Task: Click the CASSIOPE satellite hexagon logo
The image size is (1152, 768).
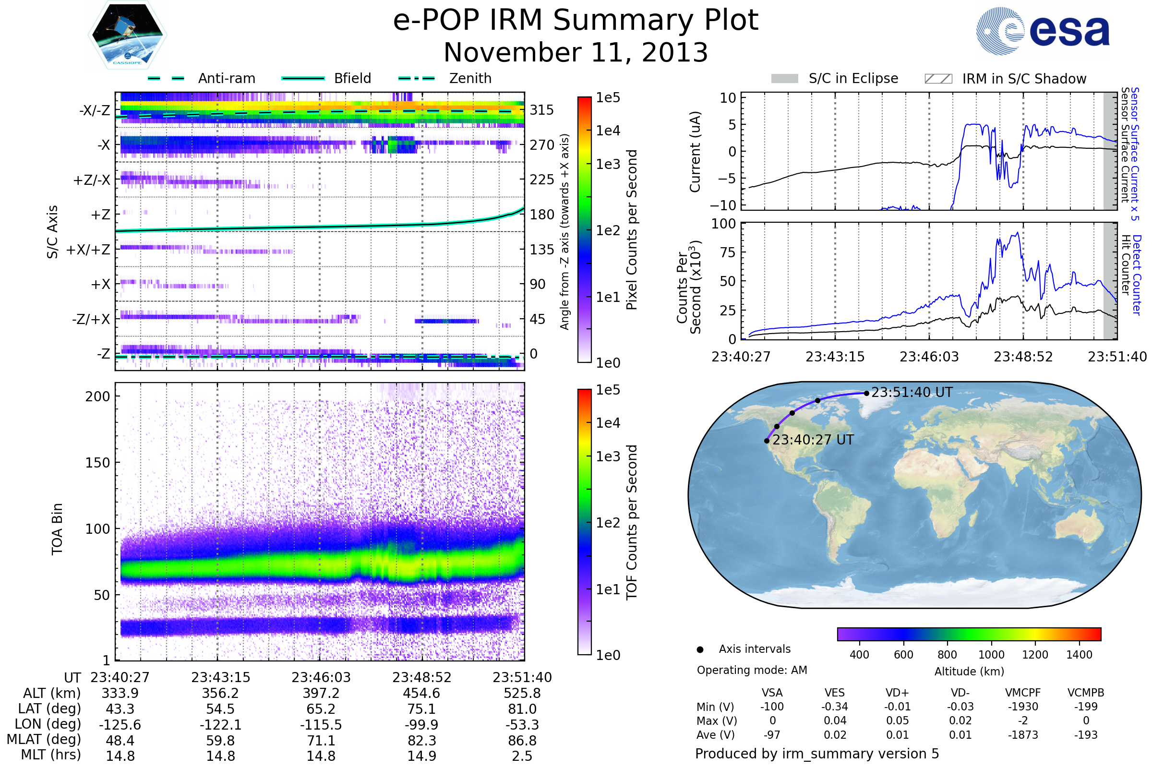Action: click(x=127, y=35)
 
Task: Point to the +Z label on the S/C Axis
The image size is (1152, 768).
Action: click(x=100, y=215)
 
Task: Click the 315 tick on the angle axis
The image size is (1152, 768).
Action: click(x=542, y=110)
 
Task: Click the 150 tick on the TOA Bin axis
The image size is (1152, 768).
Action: click(x=97, y=462)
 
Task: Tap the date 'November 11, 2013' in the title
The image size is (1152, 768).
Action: click(x=576, y=52)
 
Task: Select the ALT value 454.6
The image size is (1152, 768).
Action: click(x=422, y=693)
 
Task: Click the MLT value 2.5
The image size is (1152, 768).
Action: click(x=522, y=756)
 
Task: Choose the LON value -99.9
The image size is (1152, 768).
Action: click(x=422, y=724)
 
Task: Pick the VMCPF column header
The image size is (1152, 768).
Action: click(x=1023, y=693)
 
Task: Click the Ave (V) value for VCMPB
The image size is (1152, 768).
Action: click(x=1086, y=735)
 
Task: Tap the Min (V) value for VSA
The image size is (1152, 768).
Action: click(x=772, y=707)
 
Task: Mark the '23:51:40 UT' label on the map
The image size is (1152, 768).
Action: click(x=912, y=392)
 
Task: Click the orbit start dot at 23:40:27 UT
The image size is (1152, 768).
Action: click(x=767, y=441)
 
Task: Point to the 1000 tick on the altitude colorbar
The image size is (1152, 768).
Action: click(x=991, y=654)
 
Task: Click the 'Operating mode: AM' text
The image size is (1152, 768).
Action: click(x=752, y=670)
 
